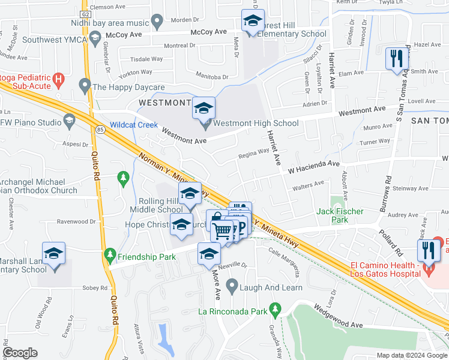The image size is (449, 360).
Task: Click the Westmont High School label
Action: (x=256, y=124)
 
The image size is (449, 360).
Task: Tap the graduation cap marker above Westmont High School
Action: (x=203, y=108)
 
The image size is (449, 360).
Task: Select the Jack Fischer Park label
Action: (x=340, y=212)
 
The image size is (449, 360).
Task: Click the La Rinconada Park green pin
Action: (x=276, y=310)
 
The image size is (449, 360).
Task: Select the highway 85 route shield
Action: (x=100, y=129)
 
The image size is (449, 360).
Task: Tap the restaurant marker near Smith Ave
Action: (x=396, y=58)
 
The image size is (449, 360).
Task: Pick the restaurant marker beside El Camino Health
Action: (x=429, y=249)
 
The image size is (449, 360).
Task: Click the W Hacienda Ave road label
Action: (x=314, y=166)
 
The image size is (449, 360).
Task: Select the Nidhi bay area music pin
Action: (x=157, y=23)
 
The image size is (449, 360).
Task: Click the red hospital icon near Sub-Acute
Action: (x=58, y=79)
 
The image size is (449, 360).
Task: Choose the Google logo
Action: (x=20, y=353)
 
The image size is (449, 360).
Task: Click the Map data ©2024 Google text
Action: (x=412, y=355)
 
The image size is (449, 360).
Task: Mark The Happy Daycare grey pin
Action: (x=85, y=86)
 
